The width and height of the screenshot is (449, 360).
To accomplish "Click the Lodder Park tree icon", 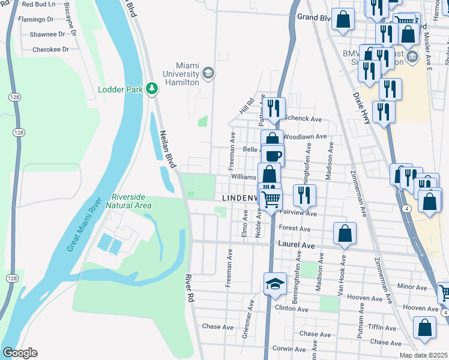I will pos(152,89).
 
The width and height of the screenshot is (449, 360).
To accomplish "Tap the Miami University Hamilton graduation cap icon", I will pos(208,73).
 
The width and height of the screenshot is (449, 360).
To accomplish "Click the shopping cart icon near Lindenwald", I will pos(271,199).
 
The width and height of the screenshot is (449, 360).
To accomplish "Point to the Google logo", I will pos(20,353).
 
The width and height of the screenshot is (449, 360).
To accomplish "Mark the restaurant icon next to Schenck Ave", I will pos(276,107).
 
